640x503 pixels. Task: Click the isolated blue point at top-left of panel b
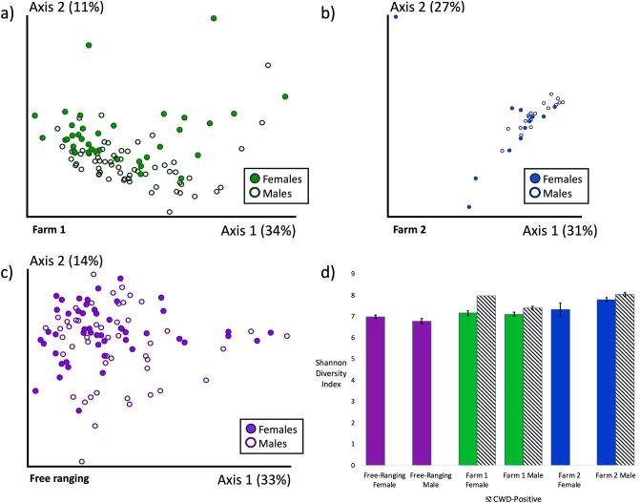pos(395,17)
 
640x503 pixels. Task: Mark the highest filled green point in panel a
pos(214,18)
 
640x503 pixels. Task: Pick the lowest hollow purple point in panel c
pos(82,461)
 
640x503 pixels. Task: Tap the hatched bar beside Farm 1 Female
pos(486,379)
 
